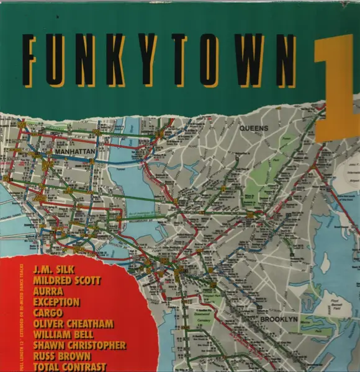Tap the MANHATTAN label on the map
pyautogui.click(x=74, y=150)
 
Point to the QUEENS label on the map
pyautogui.click(x=254, y=128)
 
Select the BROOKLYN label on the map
pyautogui.click(x=279, y=319)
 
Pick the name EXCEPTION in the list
pyautogui.click(x=74, y=303)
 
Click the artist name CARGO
pyautogui.click(x=65, y=313)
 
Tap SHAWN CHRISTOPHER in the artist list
pyautogui.click(x=88, y=345)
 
